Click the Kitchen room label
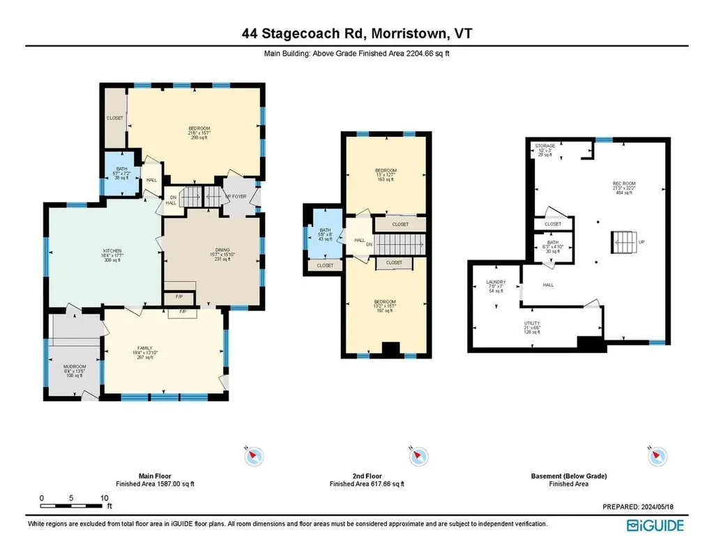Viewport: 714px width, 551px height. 113,251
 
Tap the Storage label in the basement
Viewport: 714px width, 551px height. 545,146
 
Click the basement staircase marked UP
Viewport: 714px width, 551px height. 625,243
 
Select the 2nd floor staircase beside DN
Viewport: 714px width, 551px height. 401,244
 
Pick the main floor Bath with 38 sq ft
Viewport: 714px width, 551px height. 122,170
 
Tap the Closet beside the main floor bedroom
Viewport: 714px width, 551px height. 115,119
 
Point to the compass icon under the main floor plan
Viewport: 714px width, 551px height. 254,455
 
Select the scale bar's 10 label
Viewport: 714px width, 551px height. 104,498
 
